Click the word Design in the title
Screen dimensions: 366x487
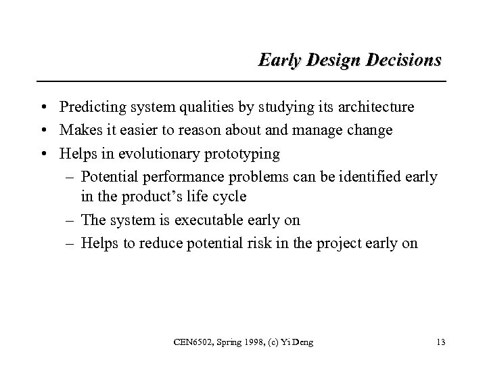324,60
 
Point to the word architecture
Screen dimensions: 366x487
373,107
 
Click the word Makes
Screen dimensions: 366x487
78,130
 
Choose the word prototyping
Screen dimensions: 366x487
240,154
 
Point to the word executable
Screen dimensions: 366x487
203,220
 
